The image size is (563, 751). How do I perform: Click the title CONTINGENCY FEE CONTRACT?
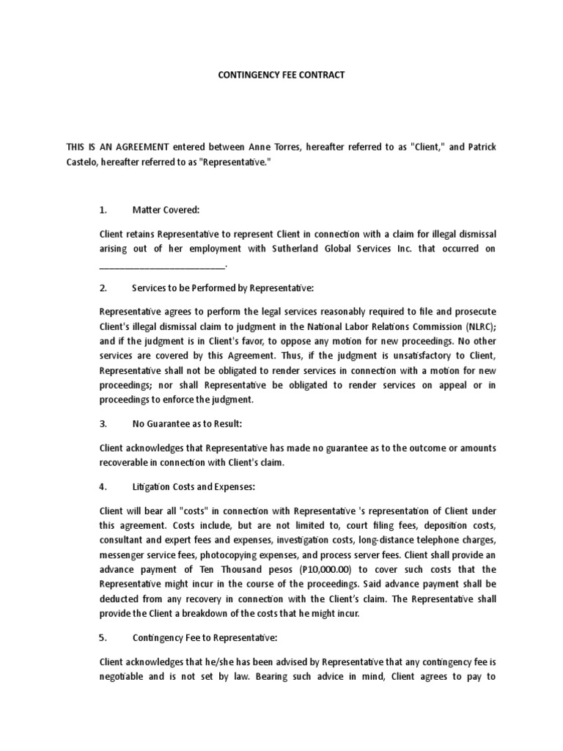click(281, 75)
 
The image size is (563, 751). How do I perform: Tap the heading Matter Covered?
click(166, 210)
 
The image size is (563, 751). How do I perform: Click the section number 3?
click(103, 424)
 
